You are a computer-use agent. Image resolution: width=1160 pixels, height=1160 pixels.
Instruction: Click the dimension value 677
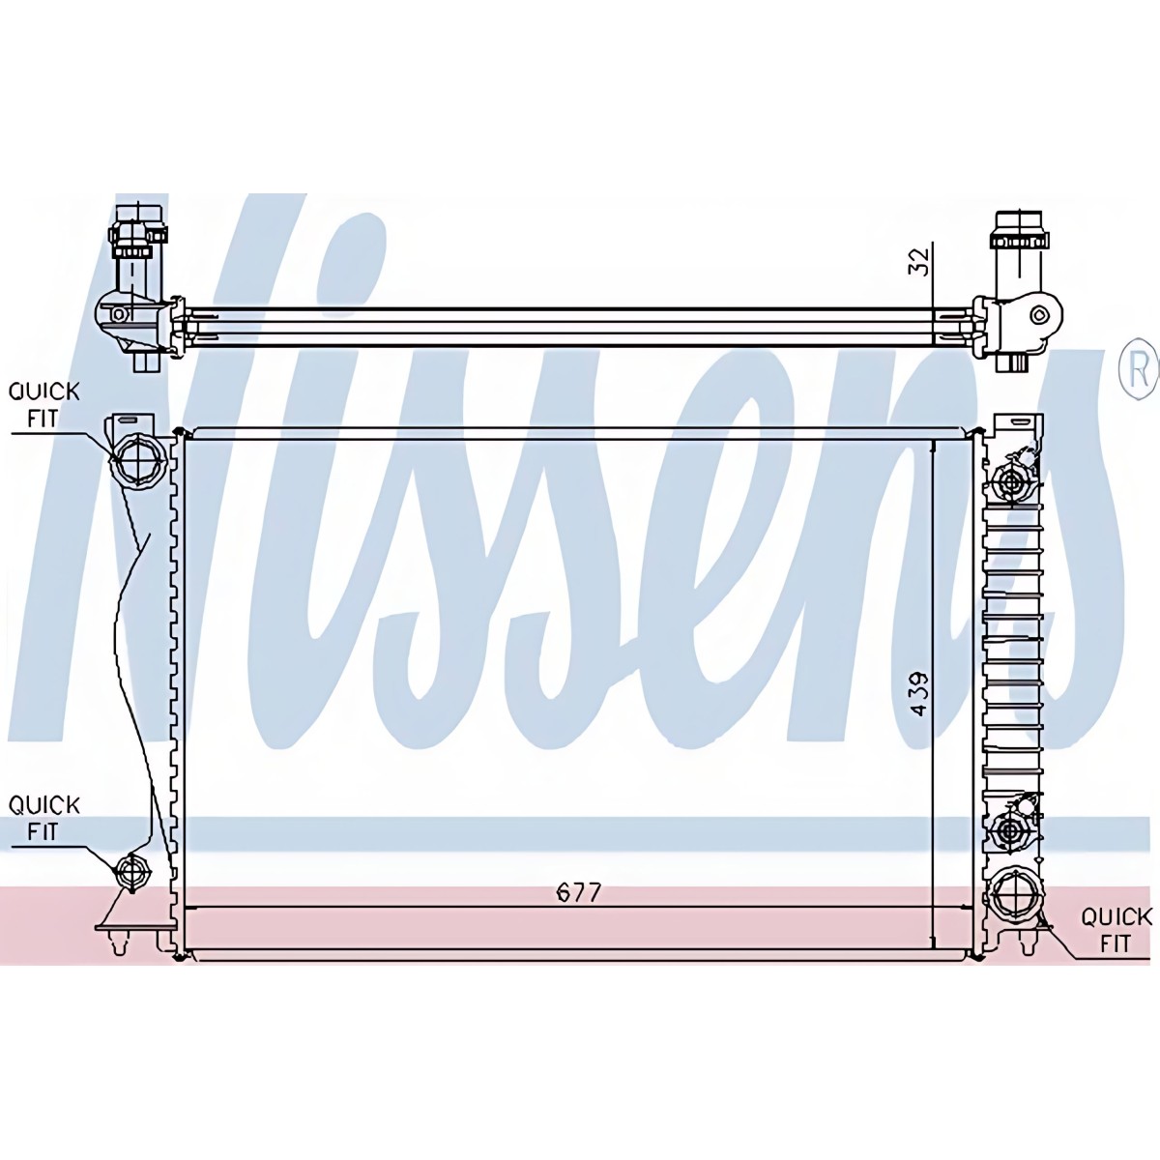578,893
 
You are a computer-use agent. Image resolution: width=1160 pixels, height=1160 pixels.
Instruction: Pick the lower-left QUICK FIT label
43,818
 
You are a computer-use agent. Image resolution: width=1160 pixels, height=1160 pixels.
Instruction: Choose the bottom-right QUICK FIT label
1116,935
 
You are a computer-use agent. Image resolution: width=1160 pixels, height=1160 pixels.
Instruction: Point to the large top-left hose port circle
138,460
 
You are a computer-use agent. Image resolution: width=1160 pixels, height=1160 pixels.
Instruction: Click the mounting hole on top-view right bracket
1039,314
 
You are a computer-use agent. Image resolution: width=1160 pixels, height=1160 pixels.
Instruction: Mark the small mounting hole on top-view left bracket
119,313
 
